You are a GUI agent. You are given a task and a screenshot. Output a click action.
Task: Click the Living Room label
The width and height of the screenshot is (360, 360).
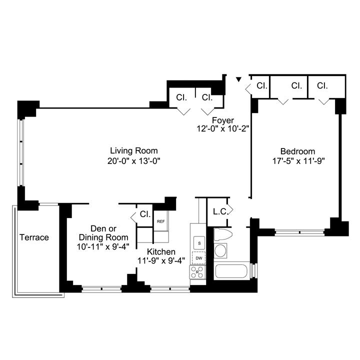coord(134,151)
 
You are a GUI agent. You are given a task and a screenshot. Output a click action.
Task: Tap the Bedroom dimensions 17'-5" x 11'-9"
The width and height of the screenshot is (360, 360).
coord(298,161)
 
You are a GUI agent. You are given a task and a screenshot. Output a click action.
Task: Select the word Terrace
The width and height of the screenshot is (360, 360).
coord(34,237)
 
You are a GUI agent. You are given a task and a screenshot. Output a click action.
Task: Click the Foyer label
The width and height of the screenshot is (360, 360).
coord(223,120)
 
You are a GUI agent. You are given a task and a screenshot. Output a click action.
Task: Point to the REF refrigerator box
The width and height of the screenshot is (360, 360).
coord(160,221)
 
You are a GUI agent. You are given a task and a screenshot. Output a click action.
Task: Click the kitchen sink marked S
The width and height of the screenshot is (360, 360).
coord(199,243)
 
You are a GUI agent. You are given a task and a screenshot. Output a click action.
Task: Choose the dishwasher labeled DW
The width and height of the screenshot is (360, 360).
coord(199,258)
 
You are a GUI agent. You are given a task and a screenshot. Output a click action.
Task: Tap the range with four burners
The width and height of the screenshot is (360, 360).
coord(197,272)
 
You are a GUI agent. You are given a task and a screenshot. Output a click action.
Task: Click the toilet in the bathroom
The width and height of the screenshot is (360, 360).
coord(222,234)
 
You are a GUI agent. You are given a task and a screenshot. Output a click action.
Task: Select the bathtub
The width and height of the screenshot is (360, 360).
coord(231,271)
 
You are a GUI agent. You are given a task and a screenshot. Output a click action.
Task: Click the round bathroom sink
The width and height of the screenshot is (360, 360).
coord(220,250)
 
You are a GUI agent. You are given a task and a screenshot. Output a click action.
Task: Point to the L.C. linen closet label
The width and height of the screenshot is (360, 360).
coord(220,212)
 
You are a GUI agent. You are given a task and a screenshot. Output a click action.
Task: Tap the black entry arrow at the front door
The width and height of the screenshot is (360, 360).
coord(239,79)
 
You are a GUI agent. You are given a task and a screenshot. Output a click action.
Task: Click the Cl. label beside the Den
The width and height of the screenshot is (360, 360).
coord(145,214)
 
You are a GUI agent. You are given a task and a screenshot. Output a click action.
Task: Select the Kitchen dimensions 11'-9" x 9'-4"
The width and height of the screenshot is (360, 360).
coord(161,260)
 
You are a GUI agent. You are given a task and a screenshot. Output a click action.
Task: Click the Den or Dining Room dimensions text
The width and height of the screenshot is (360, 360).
coord(103,247)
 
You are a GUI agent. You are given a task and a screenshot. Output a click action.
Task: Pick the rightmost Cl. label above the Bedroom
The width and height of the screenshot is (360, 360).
coord(322,86)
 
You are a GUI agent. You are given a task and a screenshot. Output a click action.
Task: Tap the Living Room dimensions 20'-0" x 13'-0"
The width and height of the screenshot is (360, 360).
coord(134,161)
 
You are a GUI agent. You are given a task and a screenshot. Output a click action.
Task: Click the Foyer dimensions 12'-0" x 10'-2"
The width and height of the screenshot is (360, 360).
coord(223,129)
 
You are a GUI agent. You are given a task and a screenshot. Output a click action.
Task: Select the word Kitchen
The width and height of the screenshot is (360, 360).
coord(161,251)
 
